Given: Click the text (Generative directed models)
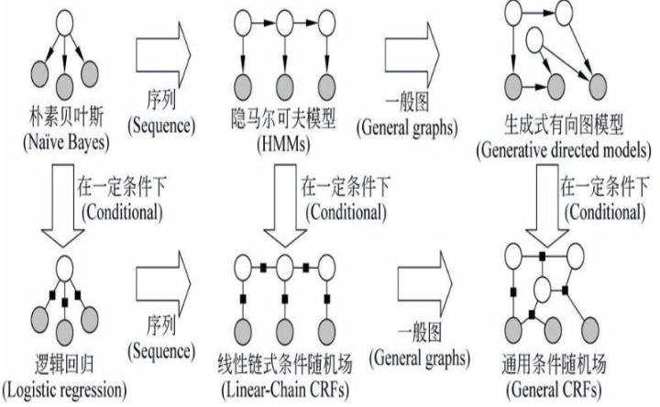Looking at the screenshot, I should click(x=558, y=150).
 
